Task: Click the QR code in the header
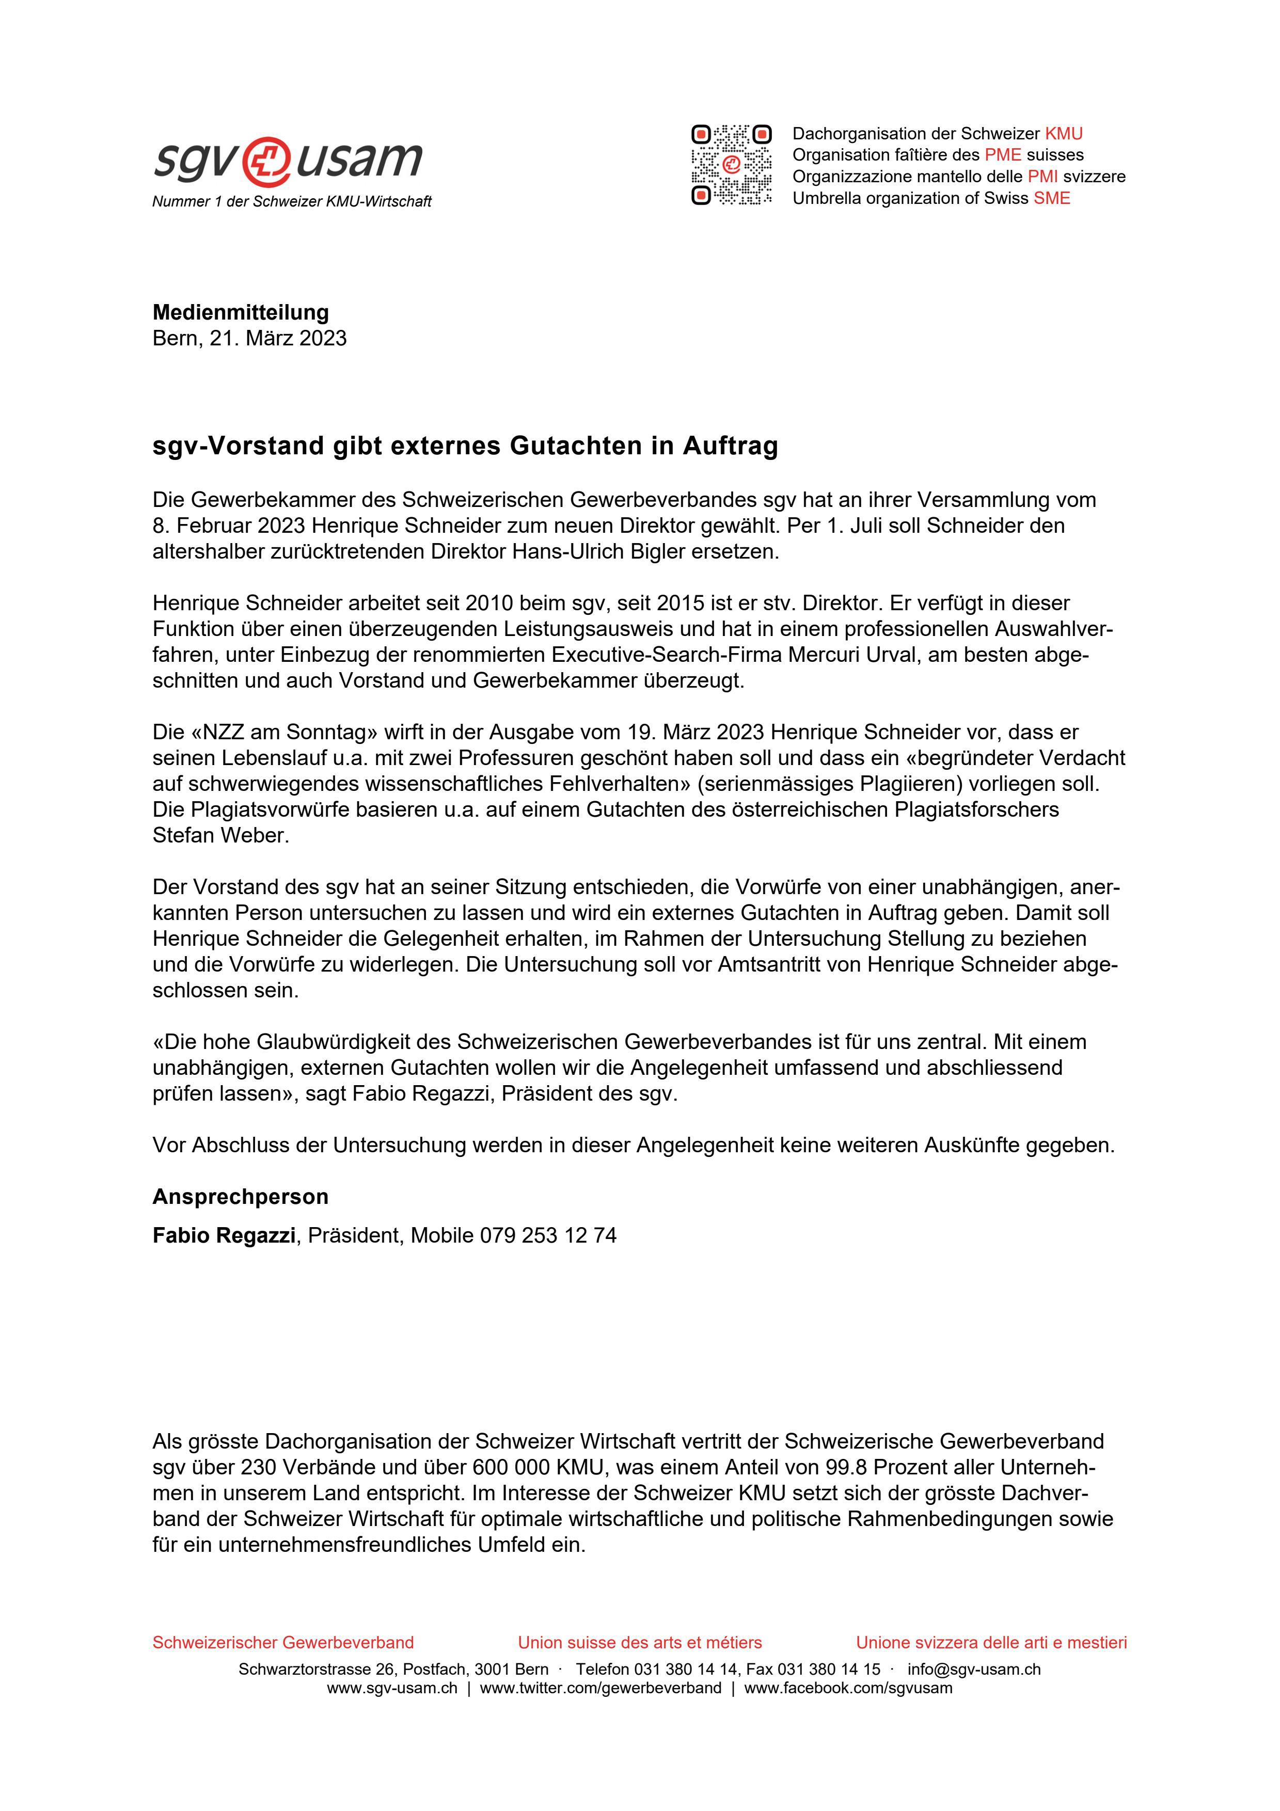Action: tap(731, 165)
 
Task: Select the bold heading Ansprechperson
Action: tap(241, 1197)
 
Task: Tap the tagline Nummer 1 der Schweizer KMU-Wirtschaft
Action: tap(292, 202)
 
